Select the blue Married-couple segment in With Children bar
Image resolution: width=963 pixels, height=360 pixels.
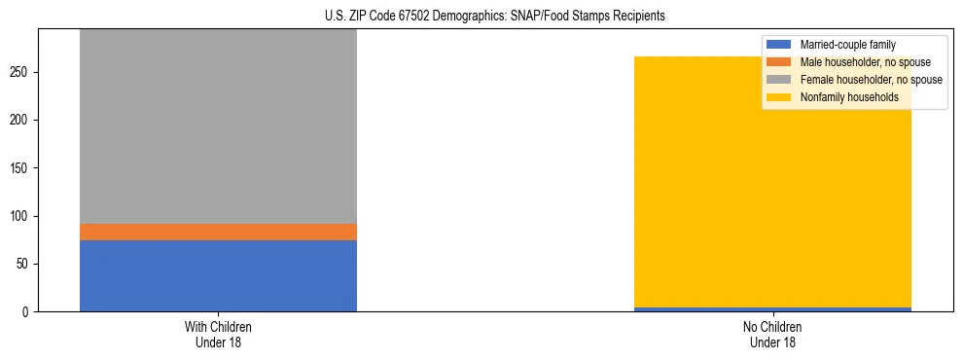pos(218,275)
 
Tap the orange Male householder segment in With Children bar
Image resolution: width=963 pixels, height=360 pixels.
pos(218,232)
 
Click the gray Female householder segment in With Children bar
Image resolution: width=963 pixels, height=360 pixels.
pos(218,126)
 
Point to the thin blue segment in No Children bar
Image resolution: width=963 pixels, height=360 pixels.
pos(772,309)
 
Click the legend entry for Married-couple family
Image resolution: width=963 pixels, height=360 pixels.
pos(847,45)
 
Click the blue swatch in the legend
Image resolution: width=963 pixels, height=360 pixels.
pos(779,45)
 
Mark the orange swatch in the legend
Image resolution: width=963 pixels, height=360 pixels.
pos(779,62)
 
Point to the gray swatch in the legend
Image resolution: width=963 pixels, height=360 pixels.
pos(779,80)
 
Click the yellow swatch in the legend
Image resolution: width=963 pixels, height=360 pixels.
pos(779,97)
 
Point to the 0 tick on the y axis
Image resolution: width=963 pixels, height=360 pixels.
pos(27,312)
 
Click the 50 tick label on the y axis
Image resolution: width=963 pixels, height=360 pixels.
pos(24,264)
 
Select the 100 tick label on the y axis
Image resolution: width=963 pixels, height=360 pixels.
pos(21,216)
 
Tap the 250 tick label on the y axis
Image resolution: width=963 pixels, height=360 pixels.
pos(21,73)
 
